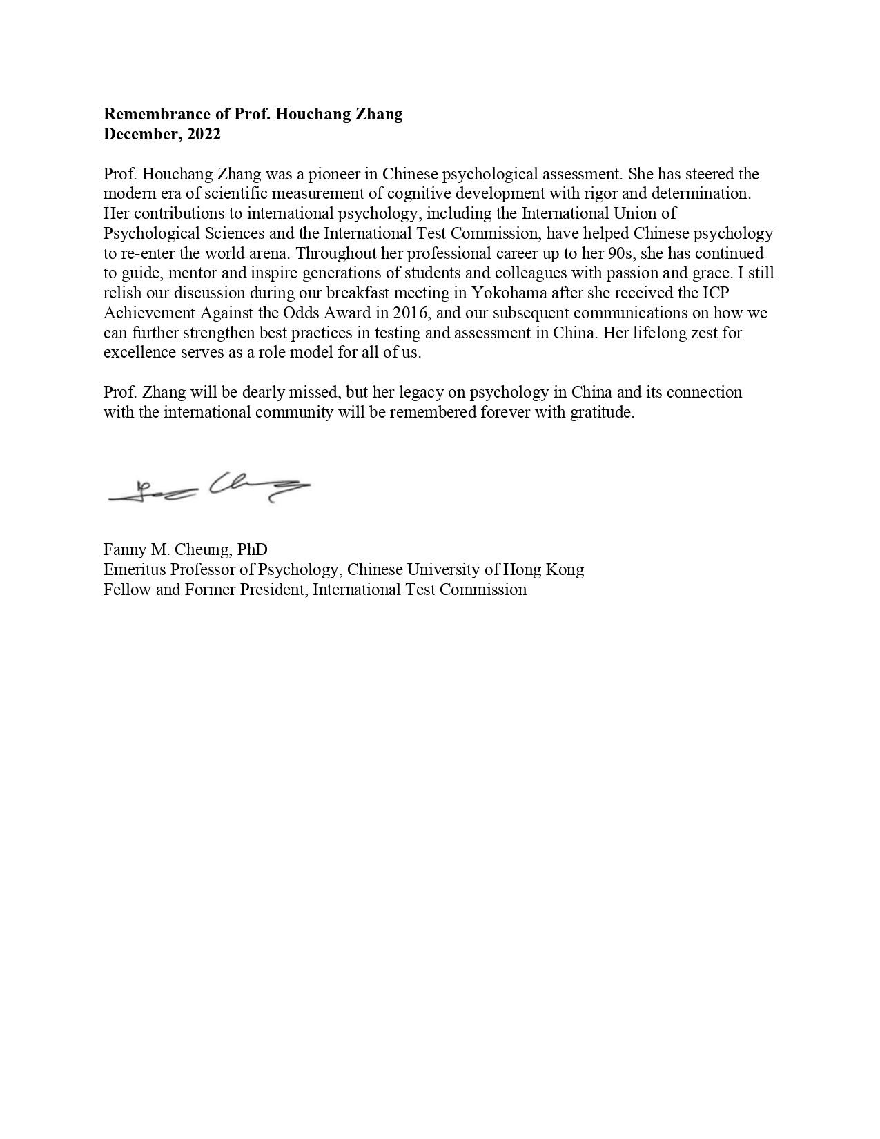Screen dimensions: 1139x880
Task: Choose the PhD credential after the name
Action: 252,549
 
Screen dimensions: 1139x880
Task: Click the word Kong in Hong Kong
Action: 565,569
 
